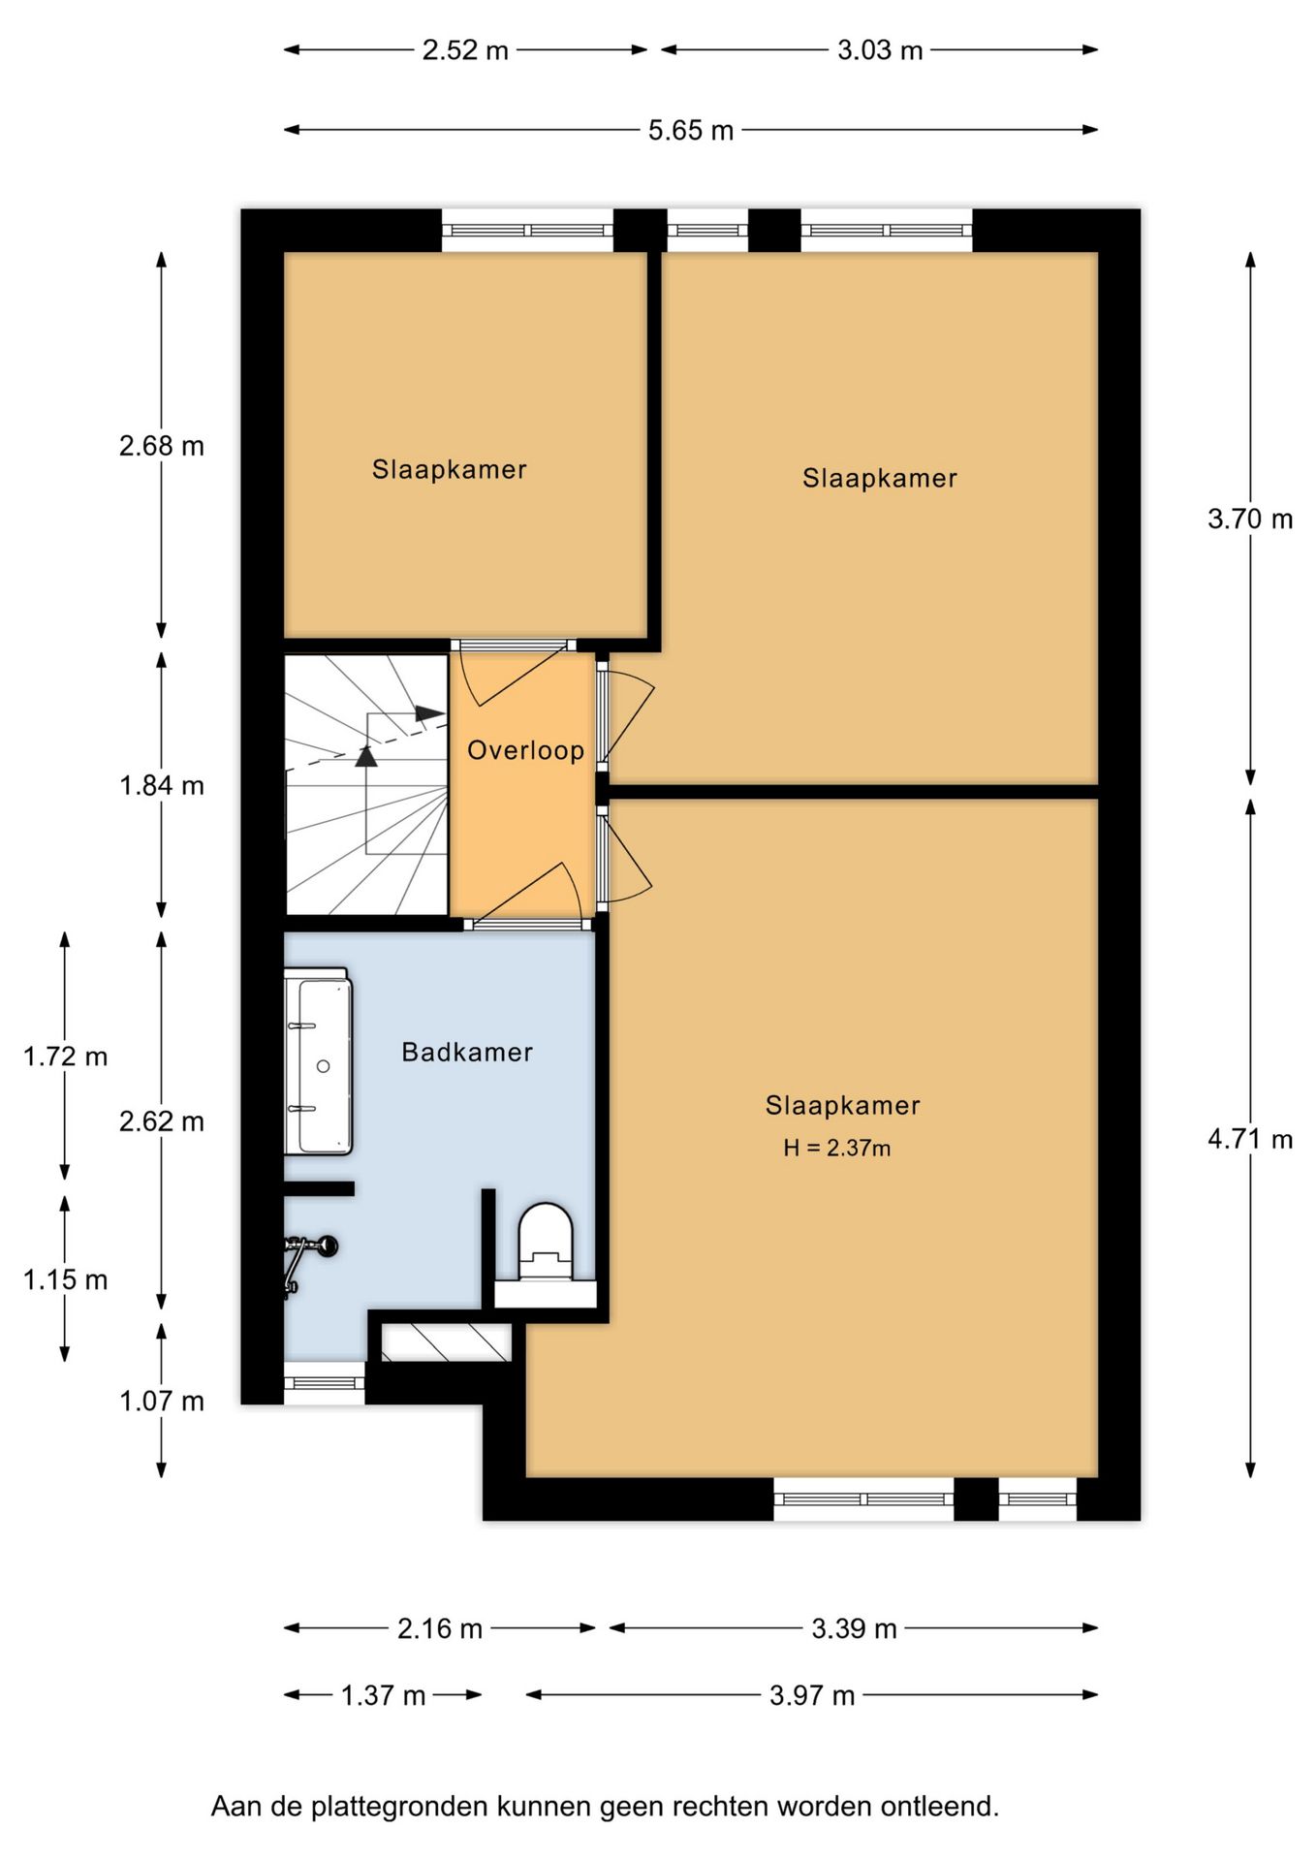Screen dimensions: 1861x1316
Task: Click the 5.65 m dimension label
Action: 690,130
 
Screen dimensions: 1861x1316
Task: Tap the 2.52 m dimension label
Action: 465,50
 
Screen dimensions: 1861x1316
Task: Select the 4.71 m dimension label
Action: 1249,1139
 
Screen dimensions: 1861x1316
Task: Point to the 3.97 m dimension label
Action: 812,1695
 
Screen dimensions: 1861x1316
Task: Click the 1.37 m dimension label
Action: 383,1695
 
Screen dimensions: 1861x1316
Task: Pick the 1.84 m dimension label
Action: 162,785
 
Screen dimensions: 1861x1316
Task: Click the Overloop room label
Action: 525,750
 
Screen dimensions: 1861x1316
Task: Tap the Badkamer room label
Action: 467,1053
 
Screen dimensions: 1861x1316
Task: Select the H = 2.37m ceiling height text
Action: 836,1149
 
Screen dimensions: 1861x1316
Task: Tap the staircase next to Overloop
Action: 366,785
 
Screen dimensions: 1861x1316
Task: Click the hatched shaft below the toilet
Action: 446,1342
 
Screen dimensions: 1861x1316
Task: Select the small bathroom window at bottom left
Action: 325,1383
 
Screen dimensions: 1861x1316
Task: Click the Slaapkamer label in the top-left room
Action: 449,470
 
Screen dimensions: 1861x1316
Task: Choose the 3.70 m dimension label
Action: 1249,520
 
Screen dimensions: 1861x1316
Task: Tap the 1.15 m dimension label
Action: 65,1279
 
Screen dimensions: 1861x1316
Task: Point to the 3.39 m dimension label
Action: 854,1628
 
